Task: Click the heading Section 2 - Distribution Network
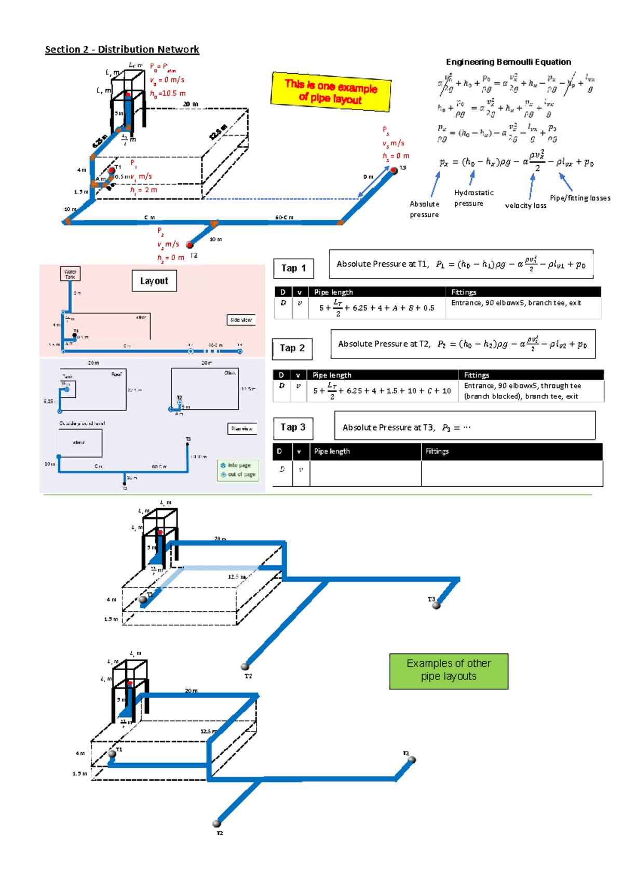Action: (x=122, y=49)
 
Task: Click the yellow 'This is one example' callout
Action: (x=331, y=92)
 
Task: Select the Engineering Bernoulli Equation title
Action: (x=508, y=62)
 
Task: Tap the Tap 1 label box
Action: (x=293, y=268)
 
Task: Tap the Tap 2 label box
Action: (x=292, y=348)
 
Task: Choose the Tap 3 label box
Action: (x=293, y=427)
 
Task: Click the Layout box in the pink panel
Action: (x=154, y=281)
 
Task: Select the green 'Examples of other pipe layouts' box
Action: (x=449, y=671)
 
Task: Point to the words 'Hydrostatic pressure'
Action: (x=473, y=198)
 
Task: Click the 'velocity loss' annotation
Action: (x=525, y=206)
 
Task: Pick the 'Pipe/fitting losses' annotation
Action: (x=580, y=198)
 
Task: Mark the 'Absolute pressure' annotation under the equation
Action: (x=424, y=209)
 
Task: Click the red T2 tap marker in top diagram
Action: (x=190, y=245)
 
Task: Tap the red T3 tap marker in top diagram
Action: (x=394, y=170)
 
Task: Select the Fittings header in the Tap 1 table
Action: (x=464, y=292)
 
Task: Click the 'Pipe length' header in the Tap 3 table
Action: (x=332, y=451)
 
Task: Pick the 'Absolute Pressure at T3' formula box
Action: (x=465, y=426)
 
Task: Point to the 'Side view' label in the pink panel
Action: (x=241, y=320)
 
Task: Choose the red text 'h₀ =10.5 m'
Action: (x=168, y=94)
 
